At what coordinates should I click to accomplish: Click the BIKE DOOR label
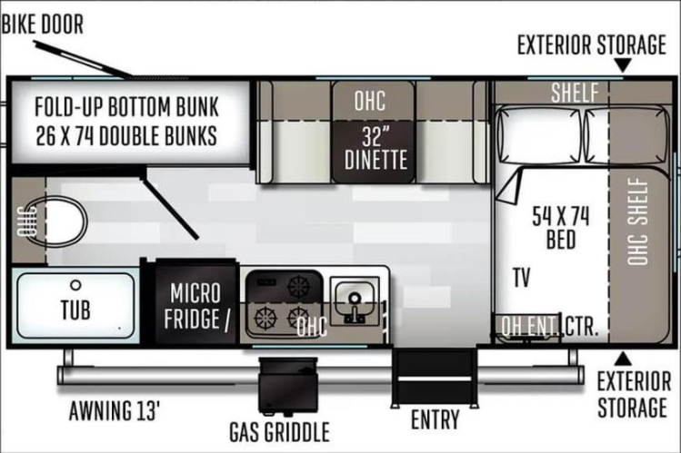(42, 24)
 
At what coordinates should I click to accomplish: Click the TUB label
(75, 310)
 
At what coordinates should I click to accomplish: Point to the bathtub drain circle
(75, 285)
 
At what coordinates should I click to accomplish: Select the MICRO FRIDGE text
(195, 306)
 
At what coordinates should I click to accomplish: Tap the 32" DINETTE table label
(376, 149)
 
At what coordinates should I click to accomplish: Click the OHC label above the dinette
(370, 101)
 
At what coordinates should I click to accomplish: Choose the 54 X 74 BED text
(561, 228)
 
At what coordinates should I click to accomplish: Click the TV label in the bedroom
(522, 278)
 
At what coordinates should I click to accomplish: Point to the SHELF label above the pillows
(575, 93)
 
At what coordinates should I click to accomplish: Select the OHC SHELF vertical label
(638, 222)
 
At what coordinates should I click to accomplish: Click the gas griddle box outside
(288, 385)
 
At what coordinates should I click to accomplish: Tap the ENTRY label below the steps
(436, 419)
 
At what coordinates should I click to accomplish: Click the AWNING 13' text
(115, 410)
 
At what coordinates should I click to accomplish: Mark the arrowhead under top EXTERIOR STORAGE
(623, 65)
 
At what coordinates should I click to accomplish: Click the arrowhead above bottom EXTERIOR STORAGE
(623, 358)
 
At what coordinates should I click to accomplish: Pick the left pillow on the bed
(538, 135)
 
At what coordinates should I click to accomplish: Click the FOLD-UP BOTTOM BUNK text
(126, 107)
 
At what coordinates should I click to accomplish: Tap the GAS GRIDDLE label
(280, 432)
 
